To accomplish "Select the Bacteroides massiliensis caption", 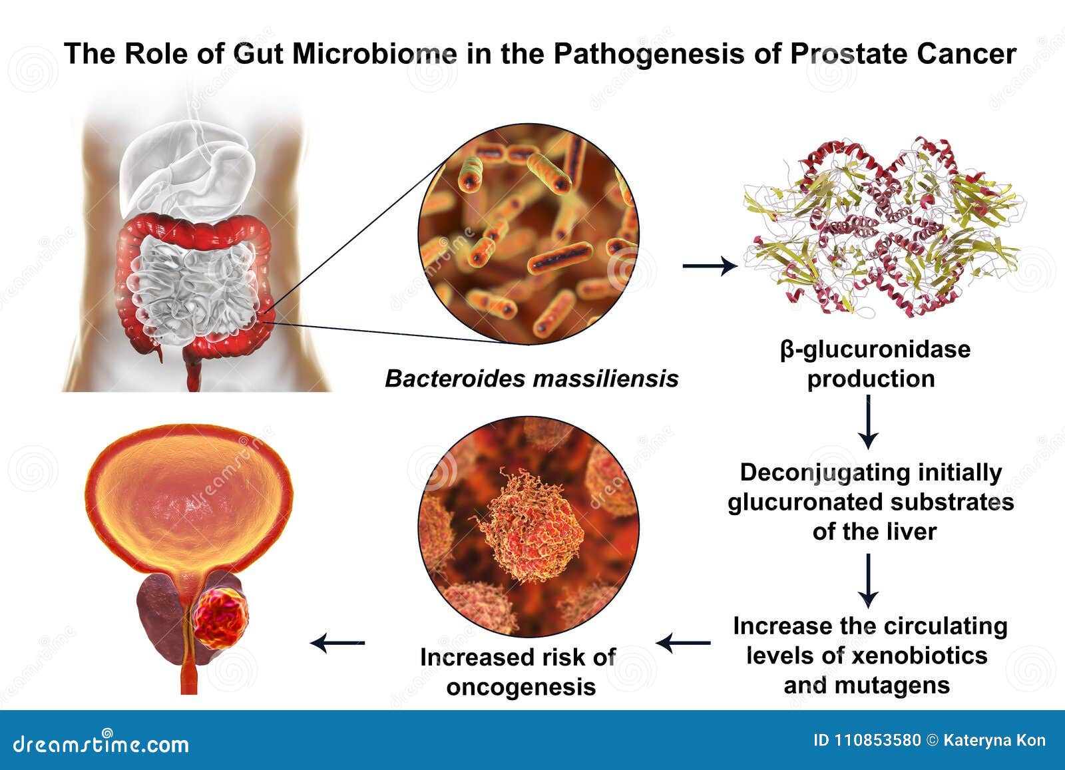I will coord(531,379).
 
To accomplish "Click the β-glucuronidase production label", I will coord(874,364).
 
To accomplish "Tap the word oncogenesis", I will coord(521,686).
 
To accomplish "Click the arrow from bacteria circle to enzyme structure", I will coord(710,266).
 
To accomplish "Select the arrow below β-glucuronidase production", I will coord(868,423).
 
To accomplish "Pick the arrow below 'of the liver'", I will coord(868,581).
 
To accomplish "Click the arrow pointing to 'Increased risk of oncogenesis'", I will coord(684,643).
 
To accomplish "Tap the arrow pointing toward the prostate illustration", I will coord(338,643).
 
